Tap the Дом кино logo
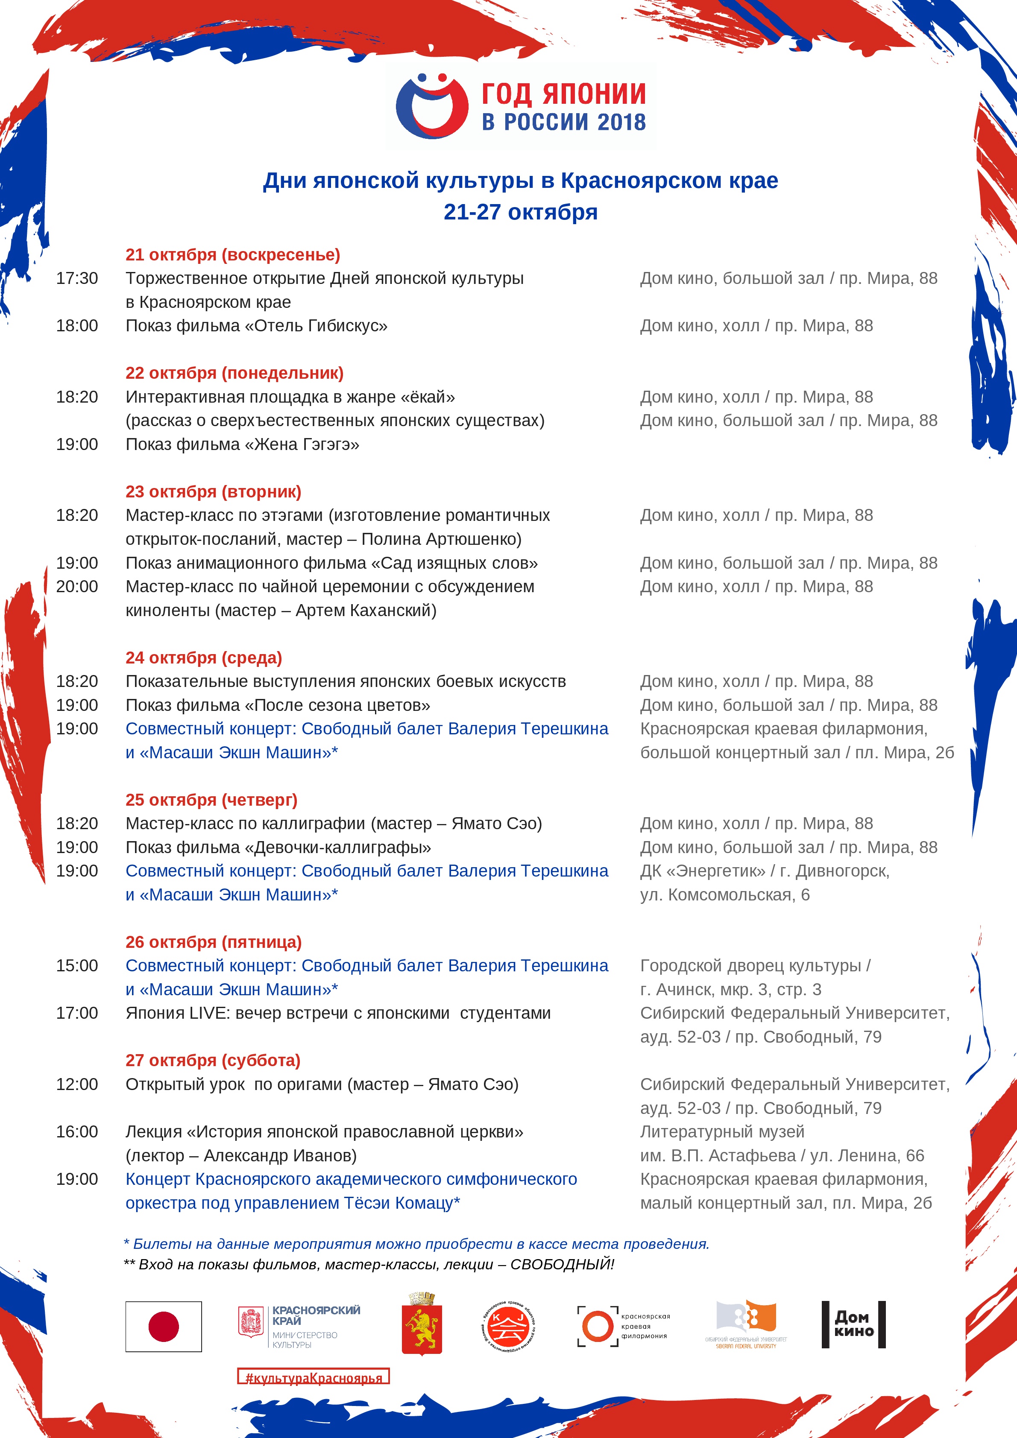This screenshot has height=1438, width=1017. [x=853, y=1324]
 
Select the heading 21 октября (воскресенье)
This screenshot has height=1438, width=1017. [x=232, y=255]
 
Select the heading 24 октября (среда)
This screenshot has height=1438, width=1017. [x=204, y=658]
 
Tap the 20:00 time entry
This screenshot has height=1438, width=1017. [x=77, y=587]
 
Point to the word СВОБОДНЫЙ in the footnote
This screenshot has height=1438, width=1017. [x=561, y=1265]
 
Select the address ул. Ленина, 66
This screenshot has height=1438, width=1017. [x=867, y=1155]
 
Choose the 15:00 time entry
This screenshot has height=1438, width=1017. [x=77, y=966]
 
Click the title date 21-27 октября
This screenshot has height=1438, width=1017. [x=520, y=212]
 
